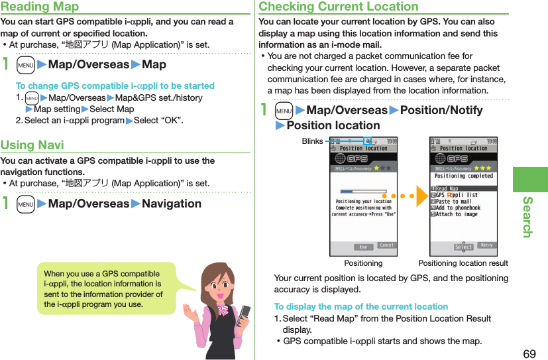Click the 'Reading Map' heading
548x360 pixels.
[40, 7]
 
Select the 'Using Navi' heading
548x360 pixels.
[32, 145]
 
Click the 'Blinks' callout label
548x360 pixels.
[312, 141]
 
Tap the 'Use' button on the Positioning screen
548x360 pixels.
[363, 247]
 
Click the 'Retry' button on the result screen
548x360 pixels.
[486, 246]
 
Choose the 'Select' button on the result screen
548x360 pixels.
[463, 247]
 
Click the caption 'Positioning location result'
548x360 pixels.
[463, 263]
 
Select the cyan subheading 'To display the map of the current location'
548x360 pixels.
[360, 306]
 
